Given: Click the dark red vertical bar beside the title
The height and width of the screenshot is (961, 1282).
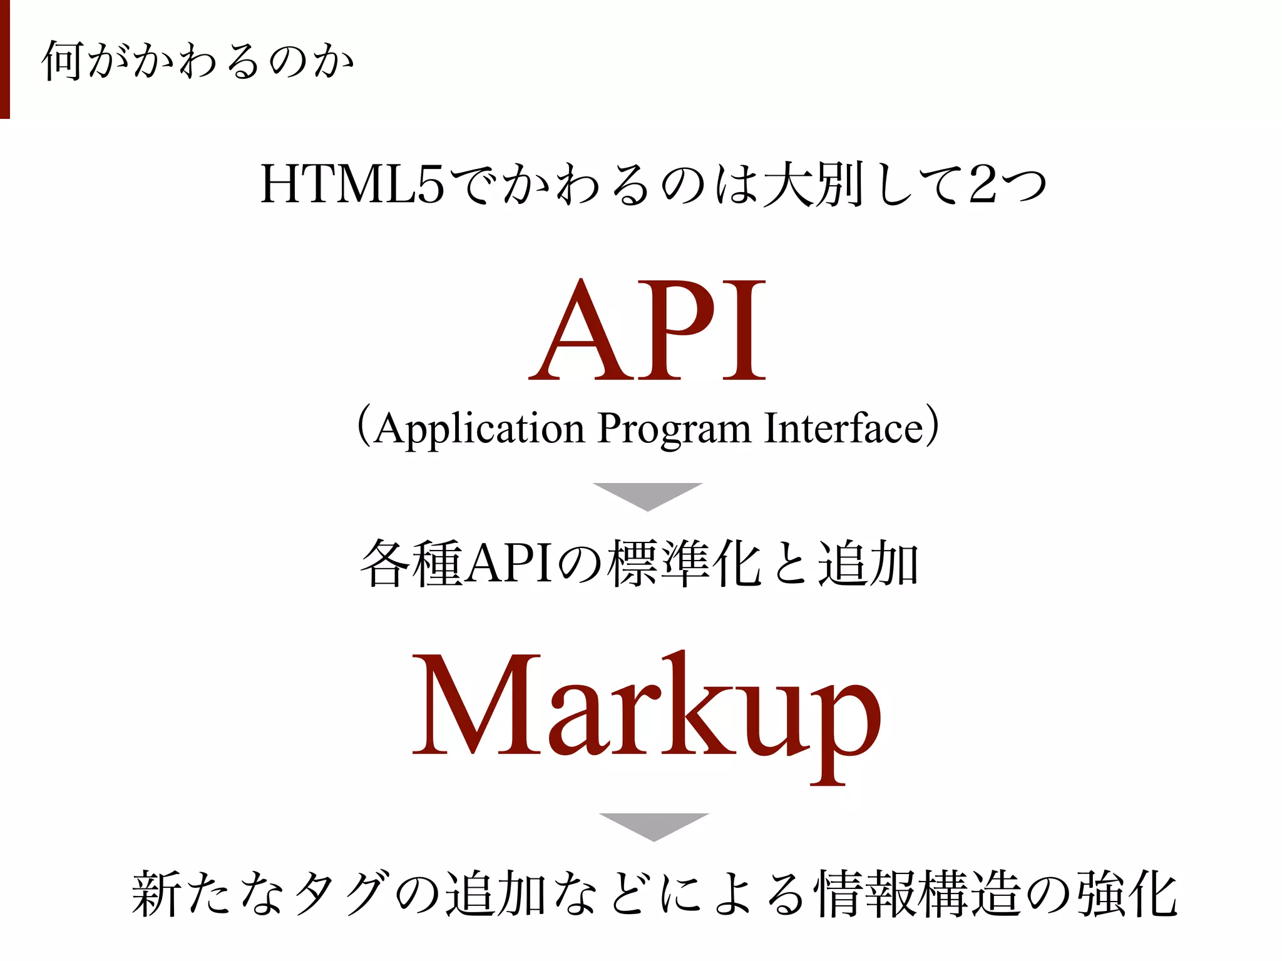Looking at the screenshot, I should (x=4, y=59).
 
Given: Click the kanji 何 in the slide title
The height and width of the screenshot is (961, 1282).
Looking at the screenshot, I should (x=63, y=61).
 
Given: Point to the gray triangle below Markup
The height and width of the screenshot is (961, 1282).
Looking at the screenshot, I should (x=654, y=825).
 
